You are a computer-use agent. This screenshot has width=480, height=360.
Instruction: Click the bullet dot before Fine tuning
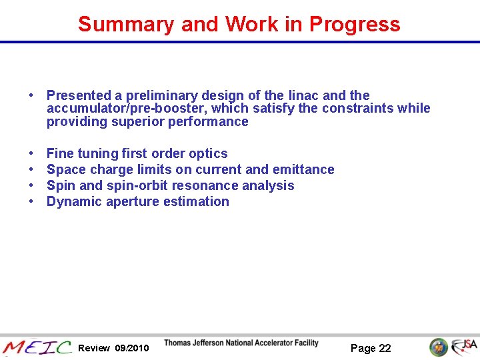coord(32,153)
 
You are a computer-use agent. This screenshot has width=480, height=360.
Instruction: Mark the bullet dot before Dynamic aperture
coord(32,201)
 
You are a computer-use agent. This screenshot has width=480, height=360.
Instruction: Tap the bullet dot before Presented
coord(32,95)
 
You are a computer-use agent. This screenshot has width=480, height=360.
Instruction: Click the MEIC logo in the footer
coord(37,347)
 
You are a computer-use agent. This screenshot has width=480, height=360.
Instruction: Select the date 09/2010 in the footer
coord(132,348)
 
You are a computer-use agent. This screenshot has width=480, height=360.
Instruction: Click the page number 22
coord(385,348)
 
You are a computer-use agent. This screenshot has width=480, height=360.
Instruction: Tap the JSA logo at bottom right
coord(464,347)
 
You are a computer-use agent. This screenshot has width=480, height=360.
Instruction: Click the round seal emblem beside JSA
coord(439,347)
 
